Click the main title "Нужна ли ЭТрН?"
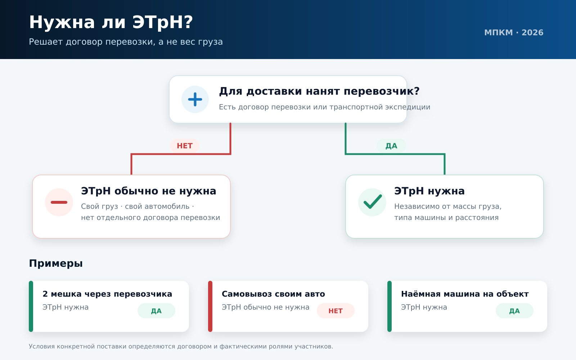coord(111,22)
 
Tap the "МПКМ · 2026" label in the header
coord(514,33)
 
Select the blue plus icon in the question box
coord(195,99)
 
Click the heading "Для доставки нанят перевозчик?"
coord(319,91)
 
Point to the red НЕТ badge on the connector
coord(185,146)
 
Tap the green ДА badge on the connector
coord(391,146)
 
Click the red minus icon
coord(59,202)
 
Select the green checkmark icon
coord(372,202)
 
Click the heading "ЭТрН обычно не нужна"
coord(148,191)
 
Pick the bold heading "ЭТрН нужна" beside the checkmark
coord(429,191)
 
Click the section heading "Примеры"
coord(56,264)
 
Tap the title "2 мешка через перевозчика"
coord(107,294)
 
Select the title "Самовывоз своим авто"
coord(273,294)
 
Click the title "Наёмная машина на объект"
coord(465,294)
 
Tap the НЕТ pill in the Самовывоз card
coord(336,311)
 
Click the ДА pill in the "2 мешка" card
coord(156,311)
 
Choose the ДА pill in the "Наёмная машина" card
coord(514,311)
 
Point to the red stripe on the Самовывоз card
coord(210,306)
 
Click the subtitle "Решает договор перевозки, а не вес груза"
coord(126,42)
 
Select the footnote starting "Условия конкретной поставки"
coord(181,346)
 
